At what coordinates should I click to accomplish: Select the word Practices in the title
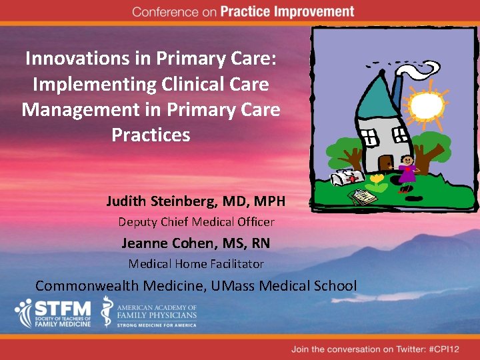point(151,135)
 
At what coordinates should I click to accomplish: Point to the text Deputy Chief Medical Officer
point(196,222)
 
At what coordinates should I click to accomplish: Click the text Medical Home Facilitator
point(196,264)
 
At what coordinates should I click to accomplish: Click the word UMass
point(243,286)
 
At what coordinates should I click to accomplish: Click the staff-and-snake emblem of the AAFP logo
point(107,312)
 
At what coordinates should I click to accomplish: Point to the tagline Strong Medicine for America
point(157,325)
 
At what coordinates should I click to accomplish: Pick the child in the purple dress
point(406,172)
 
